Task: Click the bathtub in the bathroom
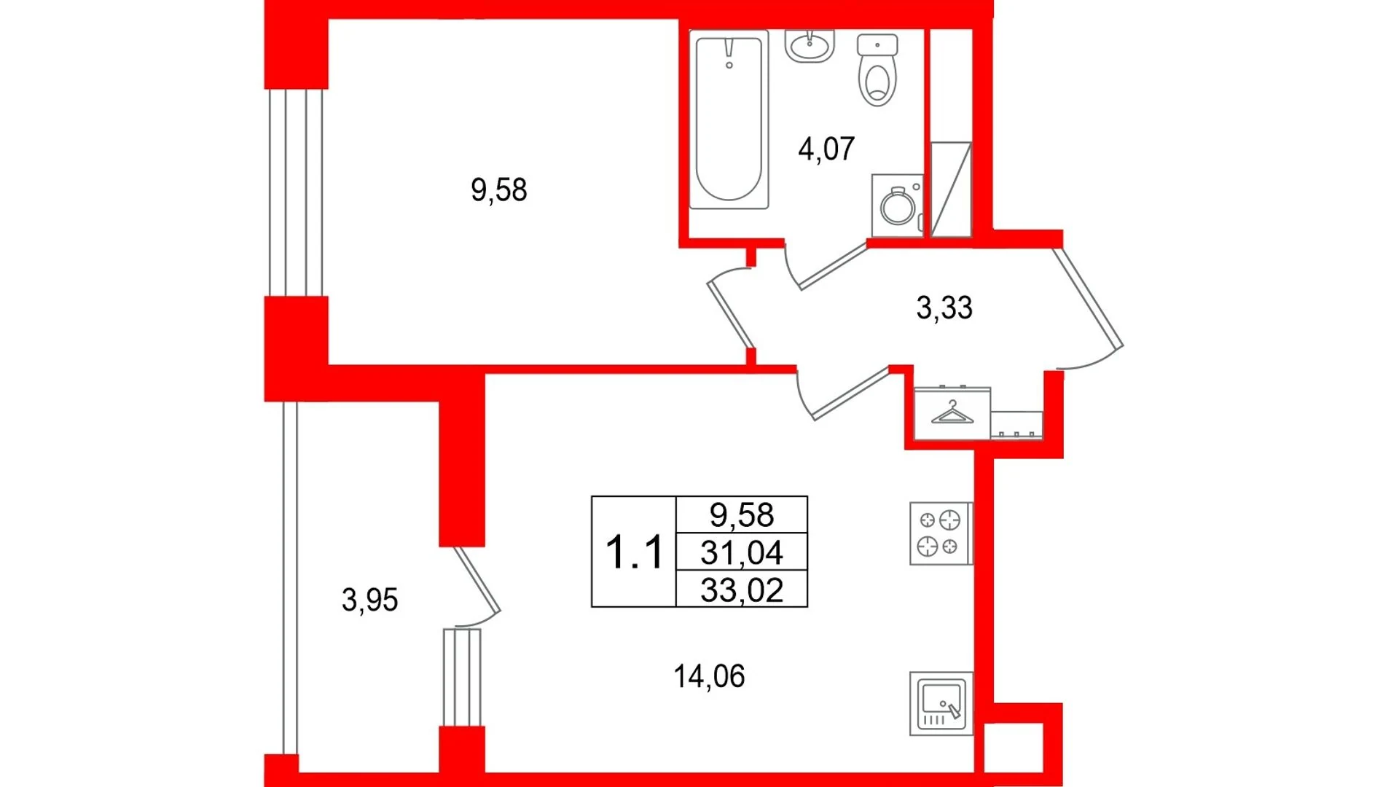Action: point(729,120)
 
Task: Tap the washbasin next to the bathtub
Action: point(810,46)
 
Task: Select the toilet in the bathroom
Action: point(877,70)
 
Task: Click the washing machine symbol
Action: point(898,205)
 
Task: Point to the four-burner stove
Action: point(941,533)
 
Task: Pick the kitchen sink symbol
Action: point(941,703)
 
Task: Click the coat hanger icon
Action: point(952,413)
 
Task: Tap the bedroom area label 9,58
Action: point(498,190)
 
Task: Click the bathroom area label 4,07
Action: point(826,149)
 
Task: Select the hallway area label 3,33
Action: point(944,308)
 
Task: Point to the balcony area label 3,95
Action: point(369,600)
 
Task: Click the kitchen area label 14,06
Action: point(709,676)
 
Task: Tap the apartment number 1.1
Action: point(634,552)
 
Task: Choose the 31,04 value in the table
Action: point(742,552)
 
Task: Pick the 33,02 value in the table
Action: point(742,590)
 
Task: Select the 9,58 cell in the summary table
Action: point(742,514)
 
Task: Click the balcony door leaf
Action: point(477,579)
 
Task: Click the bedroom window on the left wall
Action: point(296,192)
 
